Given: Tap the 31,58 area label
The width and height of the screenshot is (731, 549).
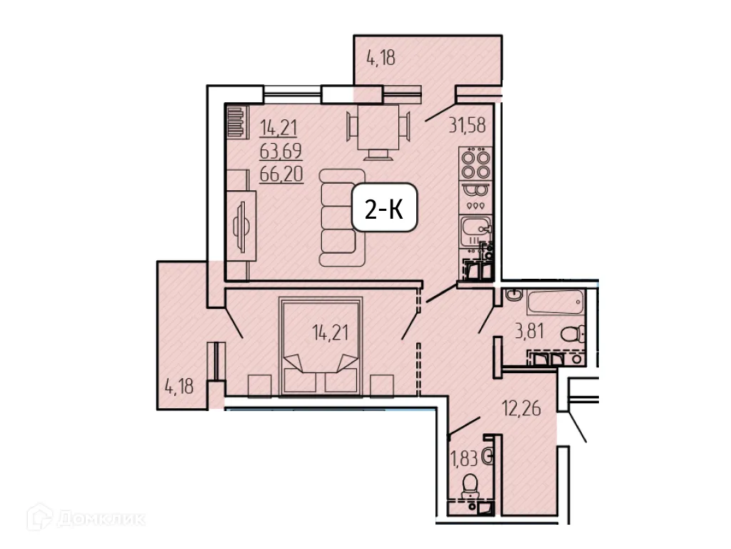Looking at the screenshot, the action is point(467,125).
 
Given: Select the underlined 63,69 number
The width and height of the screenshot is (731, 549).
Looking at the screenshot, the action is point(281,151).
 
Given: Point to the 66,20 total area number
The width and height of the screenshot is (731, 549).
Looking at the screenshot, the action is point(281,174).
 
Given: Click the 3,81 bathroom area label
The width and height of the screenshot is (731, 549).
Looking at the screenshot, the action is point(529,332).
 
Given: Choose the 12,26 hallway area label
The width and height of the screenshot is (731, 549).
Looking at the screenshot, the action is point(521,408).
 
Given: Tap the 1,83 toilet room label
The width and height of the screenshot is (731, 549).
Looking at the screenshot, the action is point(464,458).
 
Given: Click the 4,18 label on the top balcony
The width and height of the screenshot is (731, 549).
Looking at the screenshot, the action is point(381,58).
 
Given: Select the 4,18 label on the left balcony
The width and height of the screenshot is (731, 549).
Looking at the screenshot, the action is point(179,387).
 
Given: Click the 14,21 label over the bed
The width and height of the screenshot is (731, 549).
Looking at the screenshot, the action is point(330,333).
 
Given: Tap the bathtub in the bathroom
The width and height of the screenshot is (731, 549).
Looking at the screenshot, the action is point(555,302).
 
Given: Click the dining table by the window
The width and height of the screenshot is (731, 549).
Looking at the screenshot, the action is point(378,127).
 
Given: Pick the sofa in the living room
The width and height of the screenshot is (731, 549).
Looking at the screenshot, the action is point(343,217).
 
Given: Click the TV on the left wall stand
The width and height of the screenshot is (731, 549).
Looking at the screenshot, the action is point(242,227).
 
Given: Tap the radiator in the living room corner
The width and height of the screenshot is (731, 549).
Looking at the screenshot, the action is point(236,121).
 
